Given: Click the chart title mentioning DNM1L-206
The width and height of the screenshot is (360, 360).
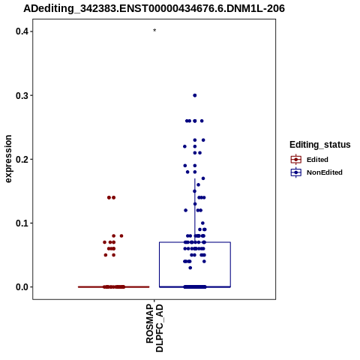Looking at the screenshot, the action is [x=154, y=9].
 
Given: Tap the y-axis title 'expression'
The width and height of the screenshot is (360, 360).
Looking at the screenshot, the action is [x=8, y=159].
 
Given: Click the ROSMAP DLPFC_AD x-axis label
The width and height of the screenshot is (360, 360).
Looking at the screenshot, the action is [x=154, y=328].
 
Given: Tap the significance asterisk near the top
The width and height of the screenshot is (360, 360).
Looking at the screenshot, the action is [x=154, y=31].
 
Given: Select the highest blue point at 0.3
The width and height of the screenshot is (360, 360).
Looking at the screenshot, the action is [x=195, y=95].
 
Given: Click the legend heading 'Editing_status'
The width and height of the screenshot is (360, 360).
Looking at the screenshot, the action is [x=320, y=145].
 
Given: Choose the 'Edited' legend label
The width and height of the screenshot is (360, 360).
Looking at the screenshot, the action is [x=317, y=160].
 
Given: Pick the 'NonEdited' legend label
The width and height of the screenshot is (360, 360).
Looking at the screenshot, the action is [x=325, y=172].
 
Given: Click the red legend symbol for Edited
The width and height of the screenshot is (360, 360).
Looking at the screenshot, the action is [x=296, y=160].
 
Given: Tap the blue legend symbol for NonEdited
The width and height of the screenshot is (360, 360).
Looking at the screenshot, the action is [x=296, y=172].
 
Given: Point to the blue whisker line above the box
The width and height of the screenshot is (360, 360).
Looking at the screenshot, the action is [x=195, y=210].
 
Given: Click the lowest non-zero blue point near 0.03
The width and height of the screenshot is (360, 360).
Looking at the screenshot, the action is [x=190, y=268].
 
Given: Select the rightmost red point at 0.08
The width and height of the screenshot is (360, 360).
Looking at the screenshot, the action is [x=121, y=235].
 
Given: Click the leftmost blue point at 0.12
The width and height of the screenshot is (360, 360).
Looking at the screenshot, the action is [x=186, y=210].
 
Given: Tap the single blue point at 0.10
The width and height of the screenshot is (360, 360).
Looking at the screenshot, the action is [x=202, y=223].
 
